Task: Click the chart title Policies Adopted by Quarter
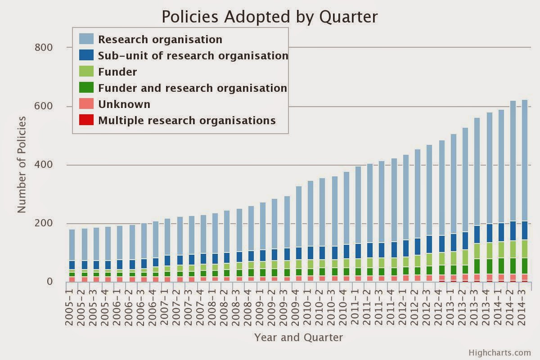point(270,17)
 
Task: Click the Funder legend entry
point(108,72)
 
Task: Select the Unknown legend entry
point(115,104)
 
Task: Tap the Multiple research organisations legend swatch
point(86,120)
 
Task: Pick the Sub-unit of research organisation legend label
point(193,56)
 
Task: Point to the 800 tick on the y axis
point(43,48)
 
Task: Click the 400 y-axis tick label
point(43,165)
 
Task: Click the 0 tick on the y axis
point(49,282)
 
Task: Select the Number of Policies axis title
point(22,165)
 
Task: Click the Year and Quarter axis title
point(298,337)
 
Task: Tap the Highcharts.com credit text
point(499,353)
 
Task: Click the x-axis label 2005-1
point(69,308)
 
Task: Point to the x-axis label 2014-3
point(522,308)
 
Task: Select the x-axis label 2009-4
point(296,308)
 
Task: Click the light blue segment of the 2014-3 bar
point(525,160)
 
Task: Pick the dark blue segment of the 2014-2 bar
point(513,231)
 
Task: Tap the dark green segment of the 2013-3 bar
point(477,266)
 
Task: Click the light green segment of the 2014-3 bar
point(525,249)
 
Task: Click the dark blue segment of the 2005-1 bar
point(72,265)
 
